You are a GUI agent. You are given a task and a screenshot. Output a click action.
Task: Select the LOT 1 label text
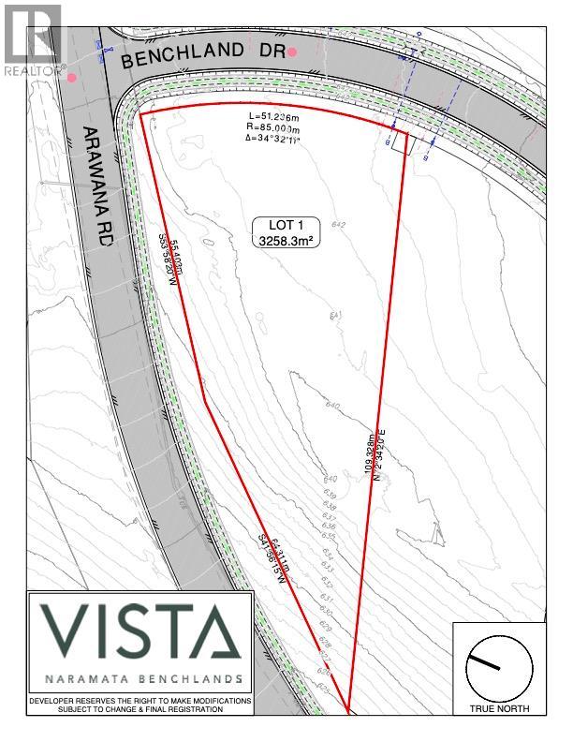tap(285, 226)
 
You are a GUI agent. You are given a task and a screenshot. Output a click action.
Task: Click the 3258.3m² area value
tap(285, 241)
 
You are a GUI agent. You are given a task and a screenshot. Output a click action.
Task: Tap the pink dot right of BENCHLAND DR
tap(293, 52)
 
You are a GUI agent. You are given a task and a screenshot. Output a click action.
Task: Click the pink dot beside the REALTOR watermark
tap(72, 78)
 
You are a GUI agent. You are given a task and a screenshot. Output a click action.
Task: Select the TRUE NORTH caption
tap(499, 710)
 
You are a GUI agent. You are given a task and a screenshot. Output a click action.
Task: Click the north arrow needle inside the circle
tap(485, 661)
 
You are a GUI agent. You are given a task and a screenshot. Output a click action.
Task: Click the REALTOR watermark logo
tap(31, 37)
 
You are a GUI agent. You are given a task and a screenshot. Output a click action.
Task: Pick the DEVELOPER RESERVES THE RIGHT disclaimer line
tap(140, 701)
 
